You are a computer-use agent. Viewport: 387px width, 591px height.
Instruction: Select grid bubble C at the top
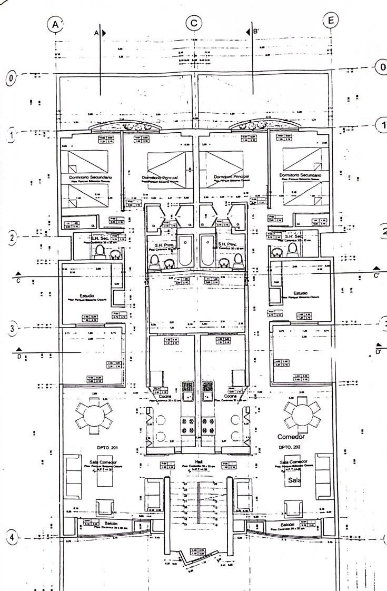pyautogui.click(x=194, y=23)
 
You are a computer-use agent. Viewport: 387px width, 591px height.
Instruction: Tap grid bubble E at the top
pyautogui.click(x=331, y=21)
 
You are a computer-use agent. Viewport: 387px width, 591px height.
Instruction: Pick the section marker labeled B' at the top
pyautogui.click(x=254, y=32)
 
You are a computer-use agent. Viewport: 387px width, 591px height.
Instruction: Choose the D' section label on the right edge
pyautogui.click(x=378, y=351)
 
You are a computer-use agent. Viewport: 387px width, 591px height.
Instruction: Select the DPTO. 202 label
pyautogui.click(x=288, y=447)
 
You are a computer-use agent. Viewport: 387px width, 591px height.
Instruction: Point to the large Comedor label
pyautogui.click(x=291, y=437)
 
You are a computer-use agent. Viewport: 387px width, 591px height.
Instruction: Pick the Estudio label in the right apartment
pyautogui.click(x=301, y=293)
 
